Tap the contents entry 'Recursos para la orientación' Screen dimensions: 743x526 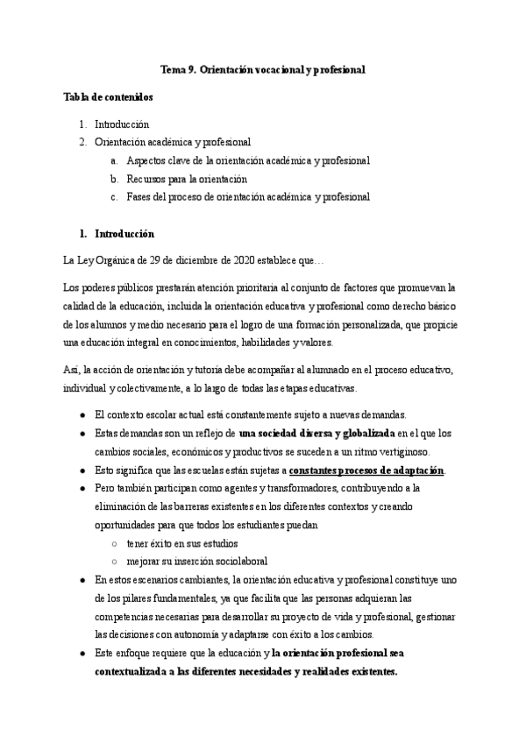[186, 179]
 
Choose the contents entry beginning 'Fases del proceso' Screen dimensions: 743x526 [247, 197]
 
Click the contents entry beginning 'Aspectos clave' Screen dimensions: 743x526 [247, 160]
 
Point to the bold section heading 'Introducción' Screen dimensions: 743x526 [124, 234]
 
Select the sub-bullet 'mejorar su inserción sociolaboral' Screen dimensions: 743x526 [196, 561]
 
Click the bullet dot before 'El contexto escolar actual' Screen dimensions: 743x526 [82, 414]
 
